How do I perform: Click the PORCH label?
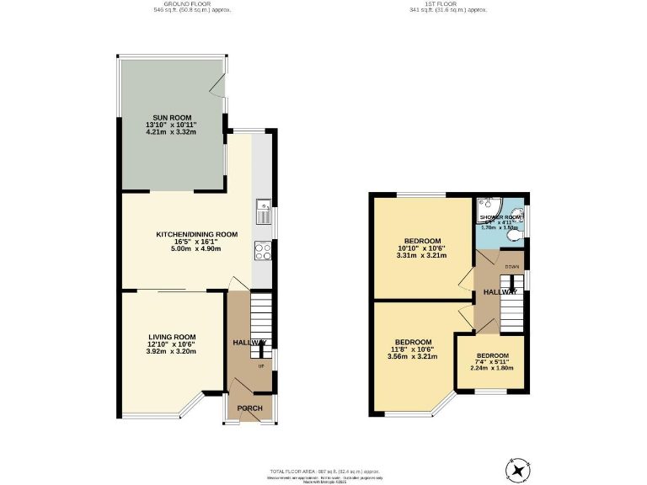click(x=249, y=408)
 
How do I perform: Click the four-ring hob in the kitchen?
click(x=262, y=248)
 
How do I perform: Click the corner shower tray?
click(x=487, y=206)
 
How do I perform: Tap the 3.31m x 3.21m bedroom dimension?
click(x=421, y=255)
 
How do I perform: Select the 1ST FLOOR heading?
click(x=448, y=4)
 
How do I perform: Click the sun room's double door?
click(x=222, y=88)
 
